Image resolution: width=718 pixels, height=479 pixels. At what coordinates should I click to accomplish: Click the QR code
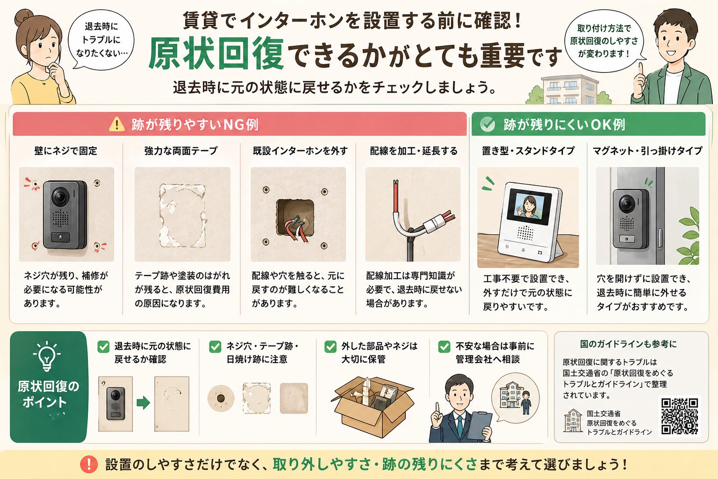[x=680, y=416]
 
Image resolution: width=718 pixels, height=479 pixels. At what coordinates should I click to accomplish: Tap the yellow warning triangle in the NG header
[x=116, y=124]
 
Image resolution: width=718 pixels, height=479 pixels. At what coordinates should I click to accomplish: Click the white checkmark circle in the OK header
[x=488, y=124]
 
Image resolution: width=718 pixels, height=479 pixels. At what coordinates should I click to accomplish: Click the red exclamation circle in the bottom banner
[x=89, y=464]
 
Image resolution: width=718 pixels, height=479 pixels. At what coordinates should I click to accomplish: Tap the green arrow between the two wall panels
[x=143, y=403]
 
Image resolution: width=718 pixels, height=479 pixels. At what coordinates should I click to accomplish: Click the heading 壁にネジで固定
[x=65, y=151]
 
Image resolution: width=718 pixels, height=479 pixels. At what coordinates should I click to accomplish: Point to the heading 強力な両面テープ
[x=181, y=151]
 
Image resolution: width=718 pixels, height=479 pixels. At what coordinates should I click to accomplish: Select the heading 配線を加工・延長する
[x=414, y=151]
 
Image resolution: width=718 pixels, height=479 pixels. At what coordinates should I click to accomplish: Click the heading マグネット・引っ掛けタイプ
[x=647, y=151]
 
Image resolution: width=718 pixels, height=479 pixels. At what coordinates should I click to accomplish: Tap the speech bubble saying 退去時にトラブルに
[x=101, y=40]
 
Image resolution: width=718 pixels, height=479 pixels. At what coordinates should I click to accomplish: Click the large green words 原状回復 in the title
[x=216, y=54]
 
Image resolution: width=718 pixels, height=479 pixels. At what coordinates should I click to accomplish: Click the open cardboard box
[x=373, y=406]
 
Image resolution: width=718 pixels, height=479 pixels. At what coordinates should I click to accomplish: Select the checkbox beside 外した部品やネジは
[x=330, y=347]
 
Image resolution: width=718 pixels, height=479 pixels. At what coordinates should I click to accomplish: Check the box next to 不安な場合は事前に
[x=444, y=347]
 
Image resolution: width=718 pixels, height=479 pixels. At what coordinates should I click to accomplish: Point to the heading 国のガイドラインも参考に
[x=628, y=344]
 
